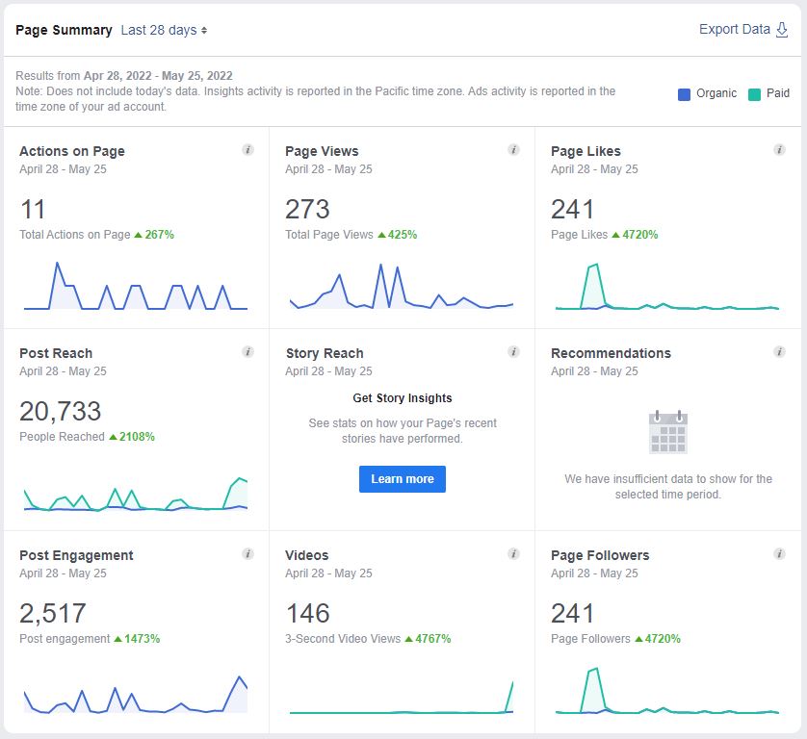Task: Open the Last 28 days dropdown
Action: pos(164,30)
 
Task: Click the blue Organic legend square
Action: pos(684,94)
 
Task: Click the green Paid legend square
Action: pos(754,94)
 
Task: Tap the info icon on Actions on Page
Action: pos(247,150)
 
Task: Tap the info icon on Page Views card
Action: pos(513,150)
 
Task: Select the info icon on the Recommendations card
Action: pos(779,352)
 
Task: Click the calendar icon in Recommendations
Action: pos(668,432)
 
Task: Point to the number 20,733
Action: pos(60,411)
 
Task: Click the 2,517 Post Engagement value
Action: pos(53,613)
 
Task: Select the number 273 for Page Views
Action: pos(307,209)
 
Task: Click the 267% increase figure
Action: pos(159,235)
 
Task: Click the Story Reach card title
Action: pos(325,353)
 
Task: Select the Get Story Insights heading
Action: pos(403,398)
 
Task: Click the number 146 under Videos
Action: pos(307,613)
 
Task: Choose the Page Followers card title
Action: pos(600,555)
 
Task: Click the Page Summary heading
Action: pos(64,30)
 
